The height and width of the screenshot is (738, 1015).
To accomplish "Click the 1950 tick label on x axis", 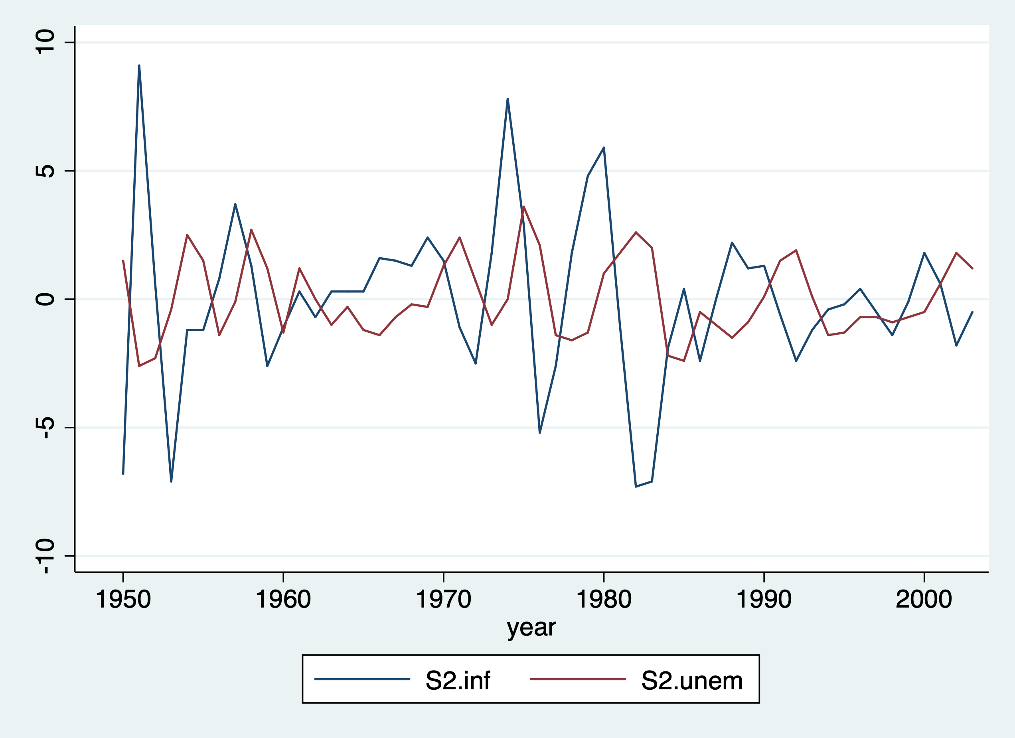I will tap(123, 599).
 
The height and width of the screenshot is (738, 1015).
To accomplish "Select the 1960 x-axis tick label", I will tap(283, 599).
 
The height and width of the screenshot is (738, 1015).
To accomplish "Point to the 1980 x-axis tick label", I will tap(603, 599).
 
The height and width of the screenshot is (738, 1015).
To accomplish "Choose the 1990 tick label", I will tap(764, 599).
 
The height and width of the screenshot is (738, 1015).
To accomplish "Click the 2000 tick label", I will tap(924, 599).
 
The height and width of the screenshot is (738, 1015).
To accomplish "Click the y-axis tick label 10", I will tap(45, 43).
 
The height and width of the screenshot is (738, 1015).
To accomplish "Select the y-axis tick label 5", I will tap(45, 171).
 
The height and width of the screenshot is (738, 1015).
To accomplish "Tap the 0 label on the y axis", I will tap(45, 299).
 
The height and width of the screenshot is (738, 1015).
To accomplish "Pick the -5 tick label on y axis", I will tap(45, 427).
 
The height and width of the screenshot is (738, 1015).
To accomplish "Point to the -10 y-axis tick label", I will tap(45, 556).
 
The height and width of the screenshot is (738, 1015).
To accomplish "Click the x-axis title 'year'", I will tap(531, 628).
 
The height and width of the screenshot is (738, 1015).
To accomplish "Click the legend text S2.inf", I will tap(458, 681).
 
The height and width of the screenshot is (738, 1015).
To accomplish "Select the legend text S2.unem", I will tap(692, 681).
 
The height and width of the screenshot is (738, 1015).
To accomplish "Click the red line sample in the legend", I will tap(578, 679).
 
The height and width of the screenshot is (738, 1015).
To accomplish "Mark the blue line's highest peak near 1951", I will tap(139, 66).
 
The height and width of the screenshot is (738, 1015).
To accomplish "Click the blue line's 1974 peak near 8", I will tap(507, 99).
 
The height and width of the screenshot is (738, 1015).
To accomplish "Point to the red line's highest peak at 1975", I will tap(523, 207).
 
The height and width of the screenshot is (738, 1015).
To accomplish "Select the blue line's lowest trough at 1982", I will tap(636, 486).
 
